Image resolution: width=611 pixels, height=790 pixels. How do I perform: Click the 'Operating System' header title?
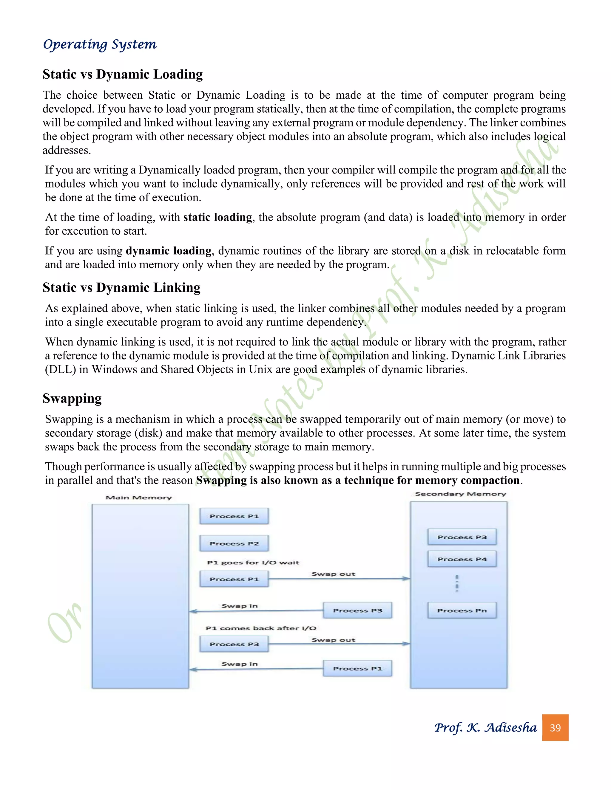pyautogui.click(x=100, y=44)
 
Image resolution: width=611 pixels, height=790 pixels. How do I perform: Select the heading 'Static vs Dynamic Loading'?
pyautogui.click(x=122, y=74)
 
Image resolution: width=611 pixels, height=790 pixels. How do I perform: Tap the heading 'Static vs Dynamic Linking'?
pyautogui.click(x=121, y=288)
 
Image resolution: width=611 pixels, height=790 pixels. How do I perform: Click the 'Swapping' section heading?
pyautogui.click(x=72, y=398)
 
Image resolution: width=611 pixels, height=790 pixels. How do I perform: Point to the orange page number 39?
pyautogui.click(x=555, y=727)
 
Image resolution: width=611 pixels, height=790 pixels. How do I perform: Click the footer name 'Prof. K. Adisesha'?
pyautogui.click(x=485, y=727)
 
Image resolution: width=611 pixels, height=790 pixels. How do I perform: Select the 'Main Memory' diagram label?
pyautogui.click(x=139, y=498)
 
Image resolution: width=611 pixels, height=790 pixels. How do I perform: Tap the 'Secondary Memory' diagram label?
pyautogui.click(x=460, y=494)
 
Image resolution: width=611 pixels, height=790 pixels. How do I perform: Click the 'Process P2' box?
pyautogui.click(x=234, y=543)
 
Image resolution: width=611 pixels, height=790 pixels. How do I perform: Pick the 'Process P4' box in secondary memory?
pyautogui.click(x=462, y=559)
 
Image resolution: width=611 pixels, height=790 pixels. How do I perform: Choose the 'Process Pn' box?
pyautogui.click(x=462, y=611)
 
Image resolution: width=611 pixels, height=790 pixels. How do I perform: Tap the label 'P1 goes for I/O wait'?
pyautogui.click(x=253, y=563)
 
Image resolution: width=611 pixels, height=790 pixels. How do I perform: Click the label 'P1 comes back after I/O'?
pyautogui.click(x=261, y=628)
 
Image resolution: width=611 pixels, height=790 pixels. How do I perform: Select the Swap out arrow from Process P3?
pyautogui.click(x=339, y=644)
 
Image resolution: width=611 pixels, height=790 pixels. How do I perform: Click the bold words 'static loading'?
pyautogui.click(x=217, y=217)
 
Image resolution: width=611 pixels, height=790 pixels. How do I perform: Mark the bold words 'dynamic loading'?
pyautogui.click(x=169, y=251)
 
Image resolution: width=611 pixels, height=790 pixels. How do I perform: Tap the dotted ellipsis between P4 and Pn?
pyautogui.click(x=457, y=583)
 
